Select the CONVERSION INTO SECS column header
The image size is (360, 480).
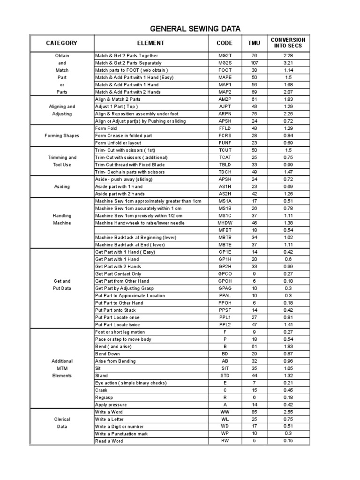288,43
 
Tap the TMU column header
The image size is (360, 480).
253,43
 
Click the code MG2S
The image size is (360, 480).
225,63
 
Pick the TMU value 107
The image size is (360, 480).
253,63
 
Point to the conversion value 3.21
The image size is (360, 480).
288,63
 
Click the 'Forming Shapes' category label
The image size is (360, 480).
62,136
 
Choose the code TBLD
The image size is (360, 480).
225,165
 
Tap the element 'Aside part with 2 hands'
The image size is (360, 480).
120,194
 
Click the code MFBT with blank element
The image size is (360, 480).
225,230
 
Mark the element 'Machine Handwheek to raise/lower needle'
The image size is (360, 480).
140,223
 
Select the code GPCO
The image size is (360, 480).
225,274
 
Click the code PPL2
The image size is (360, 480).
225,324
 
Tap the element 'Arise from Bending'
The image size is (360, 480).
115,361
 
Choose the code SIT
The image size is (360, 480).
225,368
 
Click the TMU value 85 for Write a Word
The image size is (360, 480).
253,412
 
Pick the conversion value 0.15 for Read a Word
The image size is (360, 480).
288,441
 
